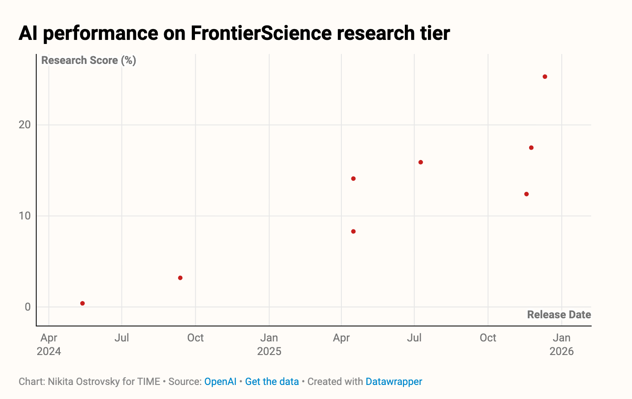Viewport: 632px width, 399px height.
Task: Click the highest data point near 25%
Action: (x=545, y=77)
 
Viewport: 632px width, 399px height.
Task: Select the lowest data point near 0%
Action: (x=83, y=303)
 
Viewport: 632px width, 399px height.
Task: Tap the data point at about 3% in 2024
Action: (x=180, y=278)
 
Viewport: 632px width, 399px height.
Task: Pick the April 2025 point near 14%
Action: (x=354, y=179)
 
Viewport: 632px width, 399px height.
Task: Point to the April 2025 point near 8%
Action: (x=354, y=232)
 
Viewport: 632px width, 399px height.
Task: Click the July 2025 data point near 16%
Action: (x=421, y=162)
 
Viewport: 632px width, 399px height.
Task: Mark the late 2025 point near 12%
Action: (x=526, y=194)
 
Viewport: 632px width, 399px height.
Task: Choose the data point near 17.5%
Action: (x=531, y=148)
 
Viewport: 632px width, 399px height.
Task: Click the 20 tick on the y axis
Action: (x=24, y=125)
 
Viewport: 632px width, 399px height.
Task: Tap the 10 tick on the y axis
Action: (x=24, y=216)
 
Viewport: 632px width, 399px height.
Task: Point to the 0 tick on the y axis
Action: (x=28, y=307)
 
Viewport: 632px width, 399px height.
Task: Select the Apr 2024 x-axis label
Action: (x=49, y=344)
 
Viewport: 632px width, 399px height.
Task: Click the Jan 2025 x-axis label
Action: (x=269, y=344)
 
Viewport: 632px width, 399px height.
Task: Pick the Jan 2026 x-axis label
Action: (x=562, y=344)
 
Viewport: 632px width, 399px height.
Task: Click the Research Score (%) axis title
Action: (x=89, y=60)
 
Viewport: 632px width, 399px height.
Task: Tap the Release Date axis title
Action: (x=559, y=315)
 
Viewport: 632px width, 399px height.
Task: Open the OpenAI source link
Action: (x=220, y=382)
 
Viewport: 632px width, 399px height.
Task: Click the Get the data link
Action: (x=272, y=382)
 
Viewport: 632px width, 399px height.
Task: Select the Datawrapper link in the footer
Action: (x=394, y=382)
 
